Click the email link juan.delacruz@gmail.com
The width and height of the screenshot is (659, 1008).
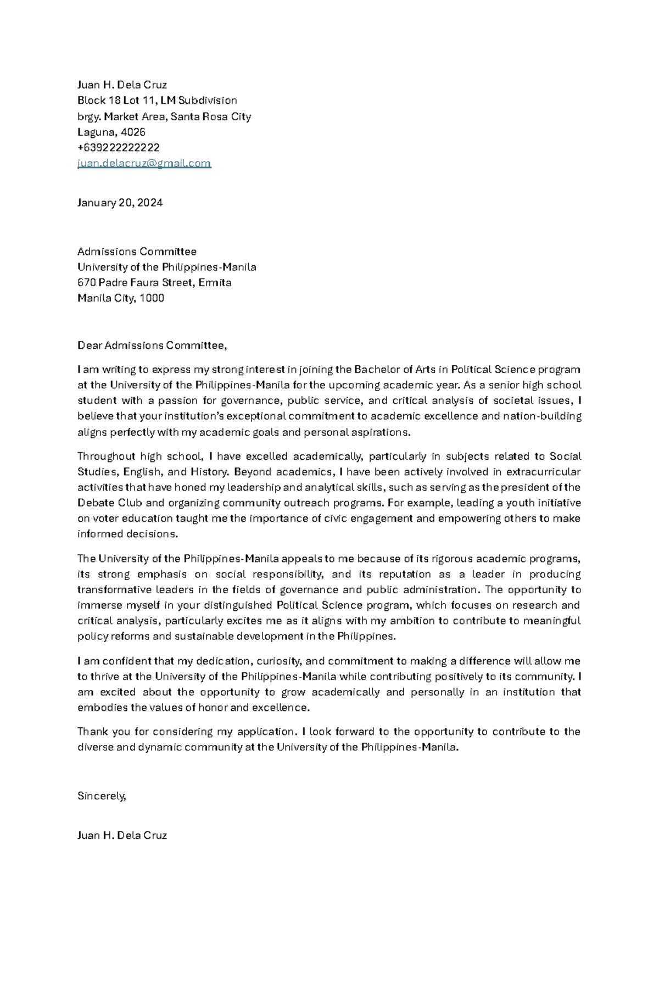point(144,163)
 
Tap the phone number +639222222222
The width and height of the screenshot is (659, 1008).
point(118,147)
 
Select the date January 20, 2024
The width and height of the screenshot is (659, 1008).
point(120,203)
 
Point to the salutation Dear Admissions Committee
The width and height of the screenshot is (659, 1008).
point(152,346)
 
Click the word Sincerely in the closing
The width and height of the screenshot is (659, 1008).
point(102,796)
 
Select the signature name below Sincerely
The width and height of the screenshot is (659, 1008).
point(122,836)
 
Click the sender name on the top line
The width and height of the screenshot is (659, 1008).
point(122,85)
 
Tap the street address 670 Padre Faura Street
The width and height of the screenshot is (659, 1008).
point(135,282)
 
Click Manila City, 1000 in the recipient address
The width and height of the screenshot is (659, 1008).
point(121,298)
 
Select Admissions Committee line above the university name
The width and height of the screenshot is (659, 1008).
point(137,252)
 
